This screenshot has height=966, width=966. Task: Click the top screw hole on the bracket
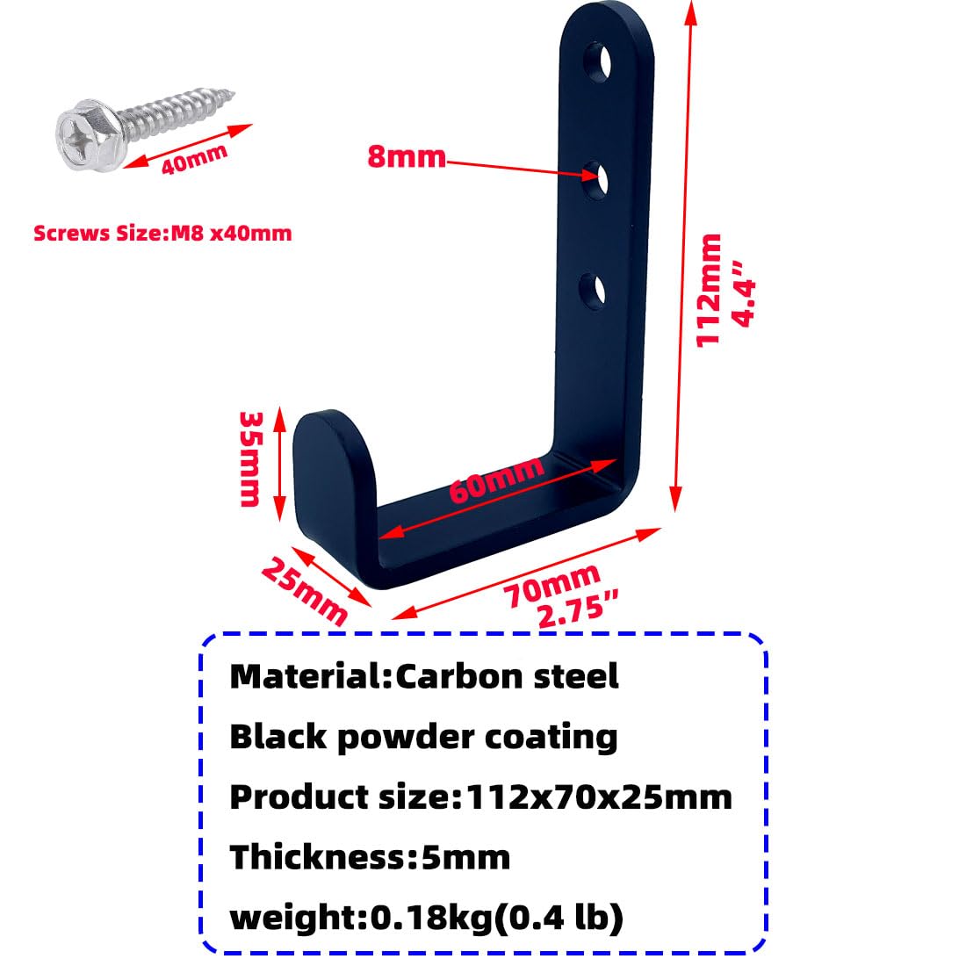[597, 61]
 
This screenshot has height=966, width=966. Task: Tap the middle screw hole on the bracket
[595, 180]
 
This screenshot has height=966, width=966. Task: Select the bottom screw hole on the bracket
[592, 292]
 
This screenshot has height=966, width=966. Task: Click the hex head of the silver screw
[87, 134]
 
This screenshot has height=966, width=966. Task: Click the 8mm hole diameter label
[406, 156]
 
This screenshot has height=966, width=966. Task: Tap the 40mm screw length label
[194, 160]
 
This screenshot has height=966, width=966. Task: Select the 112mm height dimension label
[709, 290]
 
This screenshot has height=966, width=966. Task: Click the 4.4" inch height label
[743, 293]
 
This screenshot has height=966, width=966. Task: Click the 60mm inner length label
[496, 479]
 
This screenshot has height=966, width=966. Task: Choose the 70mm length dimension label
[551, 585]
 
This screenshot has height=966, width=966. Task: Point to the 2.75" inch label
[578, 610]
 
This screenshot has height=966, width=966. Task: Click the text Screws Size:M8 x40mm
[162, 234]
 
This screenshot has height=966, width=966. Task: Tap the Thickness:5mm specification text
[370, 857]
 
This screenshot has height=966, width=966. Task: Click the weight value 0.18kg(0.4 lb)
[496, 918]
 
